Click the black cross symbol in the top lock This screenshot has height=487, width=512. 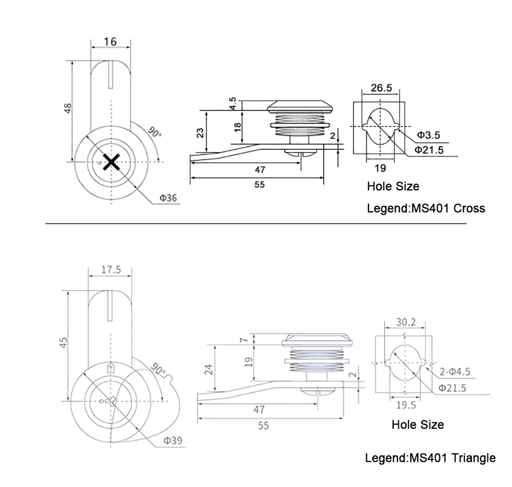pos(111,162)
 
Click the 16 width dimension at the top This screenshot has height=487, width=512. pos(110,41)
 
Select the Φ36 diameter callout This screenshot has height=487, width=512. pos(168,198)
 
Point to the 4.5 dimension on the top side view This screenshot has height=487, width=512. pos(233,103)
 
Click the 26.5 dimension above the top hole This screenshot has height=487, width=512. pos(381,88)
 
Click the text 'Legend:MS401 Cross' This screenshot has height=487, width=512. pos(426,209)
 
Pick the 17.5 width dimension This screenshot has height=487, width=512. pos(111,270)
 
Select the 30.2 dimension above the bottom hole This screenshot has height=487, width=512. pos(406,323)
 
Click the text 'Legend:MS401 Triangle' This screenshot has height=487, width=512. pos(430,458)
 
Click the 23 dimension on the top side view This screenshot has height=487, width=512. pos(201,132)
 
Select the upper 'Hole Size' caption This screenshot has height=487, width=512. pos(393,187)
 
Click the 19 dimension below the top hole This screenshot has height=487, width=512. pos(380,168)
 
